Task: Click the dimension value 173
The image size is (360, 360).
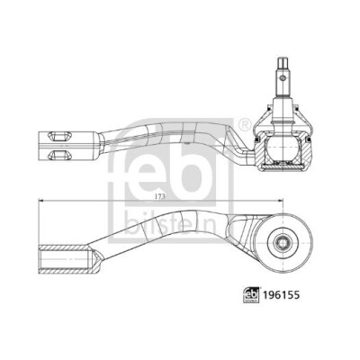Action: pyautogui.click(x=160, y=196)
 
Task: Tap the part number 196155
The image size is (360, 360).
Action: pyautogui.click(x=281, y=295)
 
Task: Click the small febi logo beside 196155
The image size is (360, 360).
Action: pyautogui.click(x=251, y=295)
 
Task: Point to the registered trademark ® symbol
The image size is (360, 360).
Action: pyautogui.click(x=245, y=125)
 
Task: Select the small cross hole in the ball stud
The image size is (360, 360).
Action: pyautogui.click(x=282, y=78)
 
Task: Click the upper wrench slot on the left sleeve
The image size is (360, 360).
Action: pyautogui.click(x=59, y=136)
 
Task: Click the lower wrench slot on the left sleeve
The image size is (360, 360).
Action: pyautogui.click(x=59, y=155)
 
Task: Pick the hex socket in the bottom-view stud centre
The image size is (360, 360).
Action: pyautogui.click(x=282, y=241)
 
